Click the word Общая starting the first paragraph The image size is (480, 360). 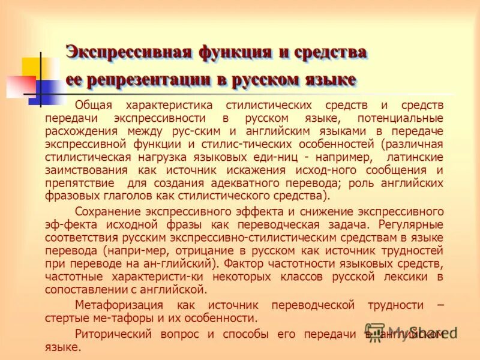[x=94, y=106]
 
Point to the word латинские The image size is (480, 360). [x=415, y=157]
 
